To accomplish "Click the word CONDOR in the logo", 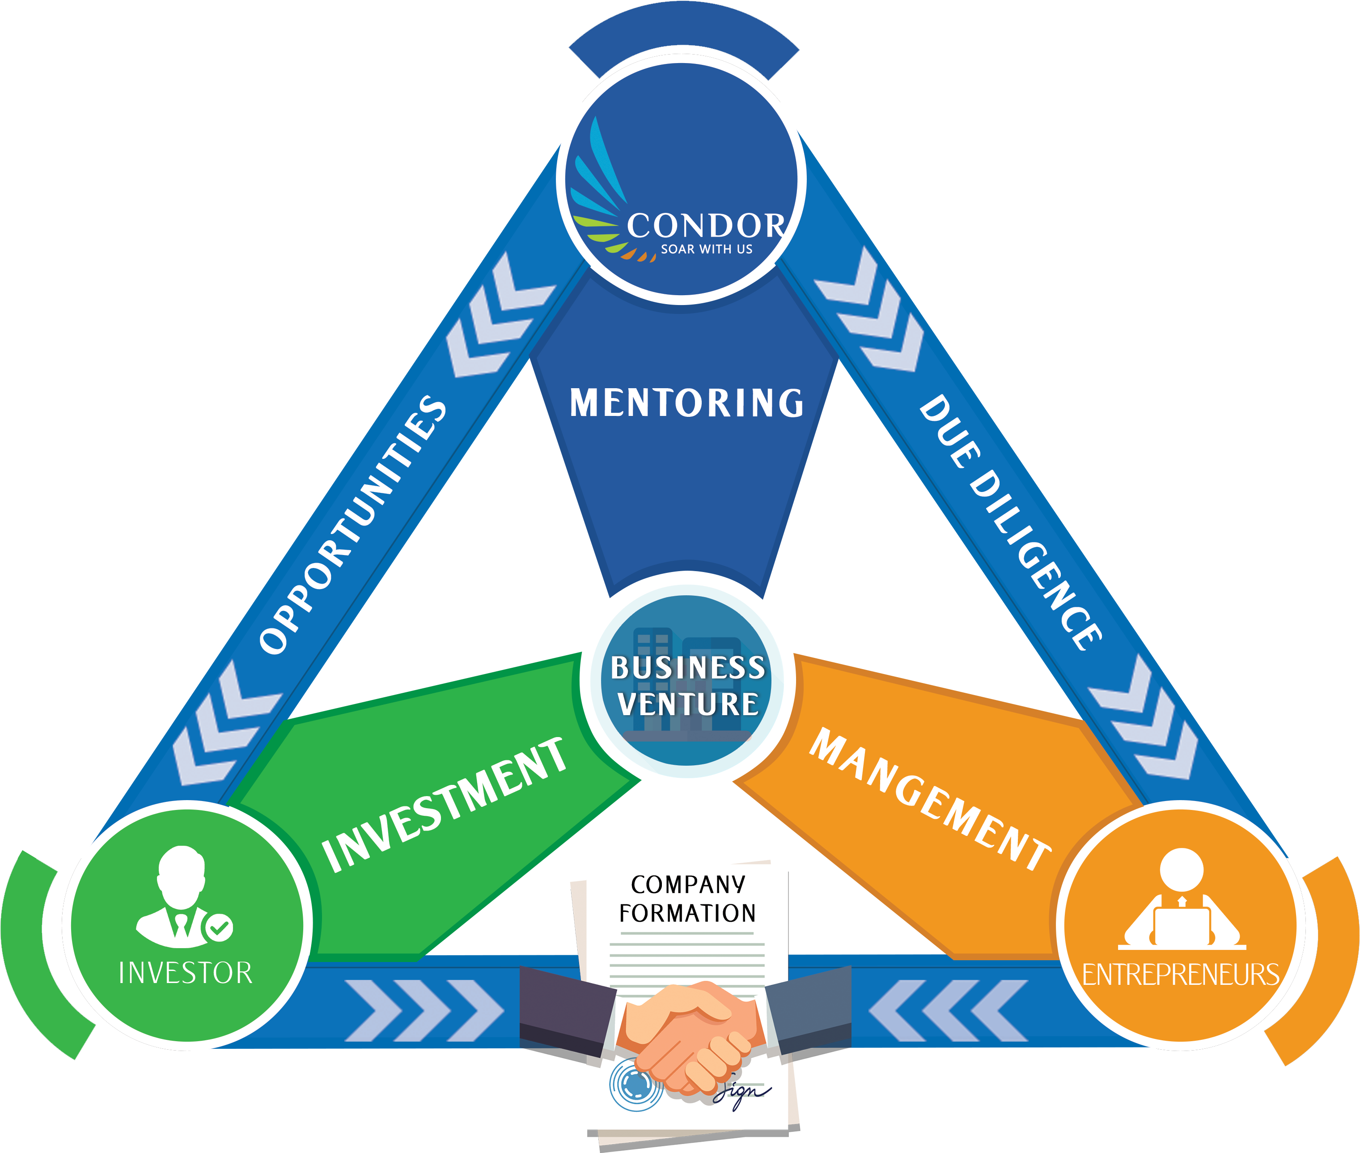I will [706, 225].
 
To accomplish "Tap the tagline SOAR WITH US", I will [707, 249].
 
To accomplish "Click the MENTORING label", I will [686, 402].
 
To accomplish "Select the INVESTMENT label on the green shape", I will [445, 805].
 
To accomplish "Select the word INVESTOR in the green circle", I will [186, 973].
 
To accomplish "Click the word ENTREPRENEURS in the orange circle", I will [1180, 975].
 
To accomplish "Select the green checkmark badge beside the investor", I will [219, 927].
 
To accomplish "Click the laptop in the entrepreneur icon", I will [1182, 927].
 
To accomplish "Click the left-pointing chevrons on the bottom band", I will [948, 1010].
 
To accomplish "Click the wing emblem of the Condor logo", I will [598, 196].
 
